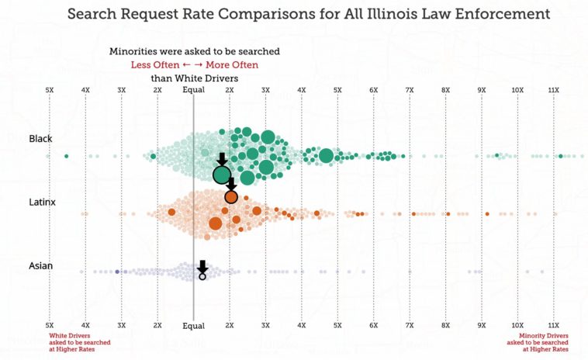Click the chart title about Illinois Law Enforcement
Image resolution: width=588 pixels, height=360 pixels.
click(x=308, y=14)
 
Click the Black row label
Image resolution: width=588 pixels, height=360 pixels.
click(x=40, y=139)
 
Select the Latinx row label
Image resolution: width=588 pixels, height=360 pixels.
click(x=42, y=202)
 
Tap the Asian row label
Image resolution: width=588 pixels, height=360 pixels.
click(x=40, y=266)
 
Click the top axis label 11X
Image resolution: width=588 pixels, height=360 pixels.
click(x=553, y=91)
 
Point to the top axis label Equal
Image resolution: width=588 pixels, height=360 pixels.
click(x=193, y=91)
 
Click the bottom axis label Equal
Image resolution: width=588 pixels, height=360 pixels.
click(x=193, y=326)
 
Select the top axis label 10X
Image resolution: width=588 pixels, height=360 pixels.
click(x=517, y=91)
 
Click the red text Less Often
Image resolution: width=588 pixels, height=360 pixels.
click(x=158, y=64)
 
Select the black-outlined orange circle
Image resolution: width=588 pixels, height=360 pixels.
click(x=230, y=196)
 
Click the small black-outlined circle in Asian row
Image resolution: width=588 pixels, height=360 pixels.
click(x=202, y=275)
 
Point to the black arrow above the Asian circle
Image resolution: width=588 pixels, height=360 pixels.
click(x=202, y=265)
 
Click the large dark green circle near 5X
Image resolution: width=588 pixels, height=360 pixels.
click(x=326, y=156)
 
